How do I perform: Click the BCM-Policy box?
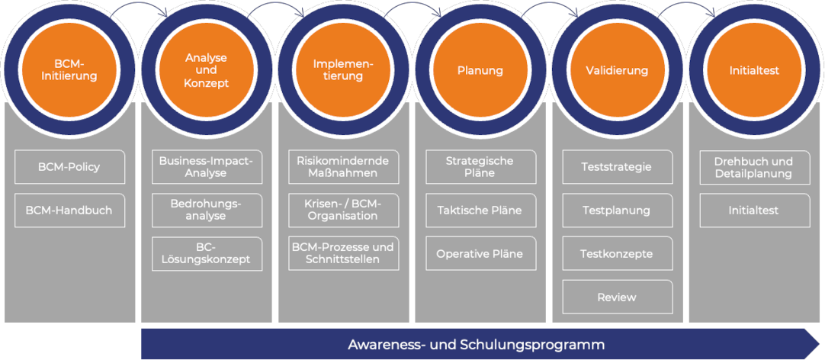pyautogui.click(x=70, y=167)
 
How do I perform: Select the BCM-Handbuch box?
pyautogui.click(x=70, y=211)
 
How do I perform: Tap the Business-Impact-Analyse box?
pyautogui.click(x=207, y=167)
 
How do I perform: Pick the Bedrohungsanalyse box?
pyautogui.click(x=207, y=211)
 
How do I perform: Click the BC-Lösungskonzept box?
pyautogui.click(x=207, y=254)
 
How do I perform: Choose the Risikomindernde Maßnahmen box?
pyautogui.click(x=344, y=167)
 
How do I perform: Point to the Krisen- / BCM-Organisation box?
pyautogui.click(x=344, y=211)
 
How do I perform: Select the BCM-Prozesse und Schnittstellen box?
pyautogui.click(x=344, y=254)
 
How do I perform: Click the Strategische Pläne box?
pyautogui.click(x=481, y=167)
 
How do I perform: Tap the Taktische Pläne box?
pyautogui.click(x=481, y=211)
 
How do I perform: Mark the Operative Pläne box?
pyautogui.click(x=481, y=254)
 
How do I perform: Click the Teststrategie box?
pyautogui.click(x=618, y=167)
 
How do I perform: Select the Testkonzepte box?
pyautogui.click(x=618, y=254)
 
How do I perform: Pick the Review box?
pyautogui.click(x=618, y=297)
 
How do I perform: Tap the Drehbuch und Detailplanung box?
pyautogui.click(x=755, y=167)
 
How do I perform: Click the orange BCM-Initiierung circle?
pyautogui.click(x=69, y=70)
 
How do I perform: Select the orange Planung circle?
pyautogui.click(x=480, y=70)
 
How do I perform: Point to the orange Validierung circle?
pyautogui.click(x=617, y=70)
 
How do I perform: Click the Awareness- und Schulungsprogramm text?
pyautogui.click(x=476, y=346)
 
